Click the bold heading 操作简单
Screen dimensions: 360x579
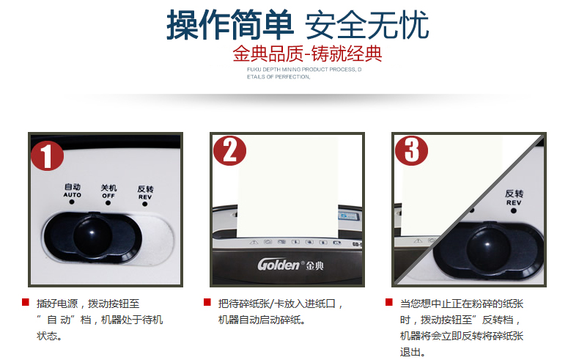click(229, 25)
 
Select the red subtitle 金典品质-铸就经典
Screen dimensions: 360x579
click(307, 55)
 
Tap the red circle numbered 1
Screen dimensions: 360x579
click(47, 156)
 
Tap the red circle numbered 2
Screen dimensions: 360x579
click(229, 151)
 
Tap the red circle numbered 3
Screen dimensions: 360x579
click(411, 151)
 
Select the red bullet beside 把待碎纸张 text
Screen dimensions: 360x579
click(207, 302)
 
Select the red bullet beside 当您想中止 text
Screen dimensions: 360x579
click(388, 302)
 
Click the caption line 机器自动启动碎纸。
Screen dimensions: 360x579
click(262, 320)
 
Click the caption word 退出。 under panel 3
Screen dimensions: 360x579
click(413, 352)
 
